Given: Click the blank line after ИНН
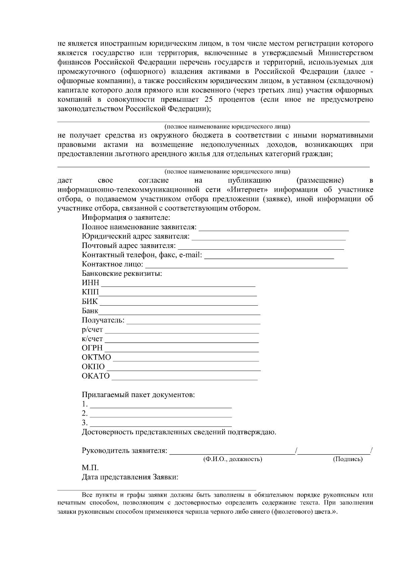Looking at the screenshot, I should coord(178,286).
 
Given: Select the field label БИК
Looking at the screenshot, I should coord(89,301).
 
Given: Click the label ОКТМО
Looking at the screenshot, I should coord(96,357).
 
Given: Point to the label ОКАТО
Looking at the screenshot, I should coord(95,376).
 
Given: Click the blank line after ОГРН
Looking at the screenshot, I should coord(181,351).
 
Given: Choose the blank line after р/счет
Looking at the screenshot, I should coord(182,332).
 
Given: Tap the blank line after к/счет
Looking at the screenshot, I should coord(182,342).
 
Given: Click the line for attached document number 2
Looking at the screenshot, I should coord(161,416).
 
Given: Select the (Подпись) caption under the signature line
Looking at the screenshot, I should coord(347,459).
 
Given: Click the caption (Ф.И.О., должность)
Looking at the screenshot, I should coord(232,459).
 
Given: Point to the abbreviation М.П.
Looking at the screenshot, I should coord(90,468).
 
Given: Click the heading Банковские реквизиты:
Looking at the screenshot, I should coord(122,273).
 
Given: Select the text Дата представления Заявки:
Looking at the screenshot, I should coord(130,477).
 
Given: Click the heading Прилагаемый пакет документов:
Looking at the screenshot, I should coord(138,395).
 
